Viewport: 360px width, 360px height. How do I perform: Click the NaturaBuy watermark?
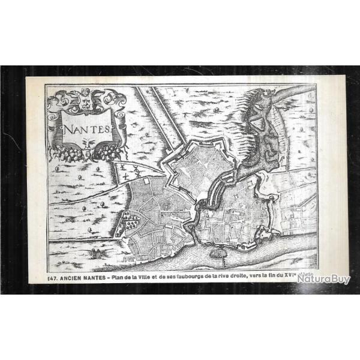[x=325, y=279]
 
